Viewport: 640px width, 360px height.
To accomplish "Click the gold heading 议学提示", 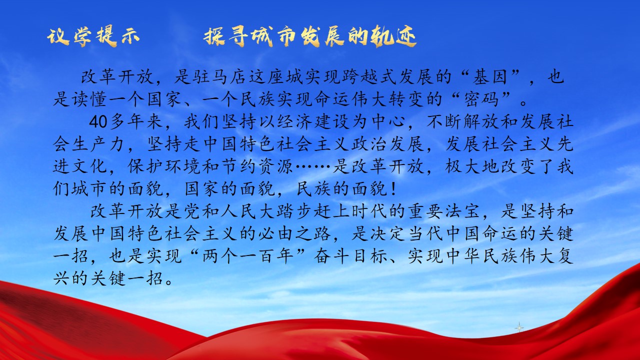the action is click(x=93, y=37).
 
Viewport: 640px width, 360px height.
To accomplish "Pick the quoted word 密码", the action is click(x=481, y=99).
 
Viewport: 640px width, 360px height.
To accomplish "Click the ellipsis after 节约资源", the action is click(x=313, y=166).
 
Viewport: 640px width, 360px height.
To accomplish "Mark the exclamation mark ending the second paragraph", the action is click(x=394, y=189).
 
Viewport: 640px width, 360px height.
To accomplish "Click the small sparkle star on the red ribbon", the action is click(x=519, y=327).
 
